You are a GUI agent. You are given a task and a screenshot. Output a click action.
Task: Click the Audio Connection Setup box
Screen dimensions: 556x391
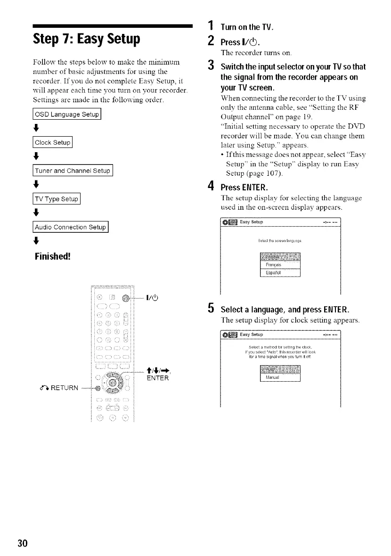(x=70, y=226)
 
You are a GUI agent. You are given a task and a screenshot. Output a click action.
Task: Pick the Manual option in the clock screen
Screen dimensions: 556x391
(x=280, y=377)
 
